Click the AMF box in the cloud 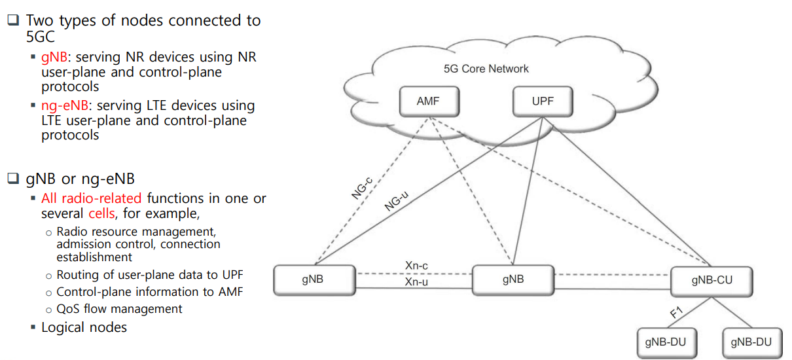point(429,101)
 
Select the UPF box point(543,101)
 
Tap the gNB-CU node point(711,281)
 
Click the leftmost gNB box point(314,280)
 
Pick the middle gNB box point(513,280)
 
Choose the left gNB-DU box point(667,343)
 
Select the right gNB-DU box point(752,343)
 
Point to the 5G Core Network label point(486,69)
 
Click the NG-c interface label point(362,188)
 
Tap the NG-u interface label point(397,201)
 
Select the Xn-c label point(416,266)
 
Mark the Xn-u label point(416,282)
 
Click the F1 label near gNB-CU point(676,313)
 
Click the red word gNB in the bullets point(54,57)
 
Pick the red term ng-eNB point(65,105)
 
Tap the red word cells point(101,213)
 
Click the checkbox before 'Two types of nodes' point(13,20)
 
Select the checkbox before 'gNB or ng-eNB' point(13,178)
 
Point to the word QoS point(68,309)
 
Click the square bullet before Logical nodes point(33,327)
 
